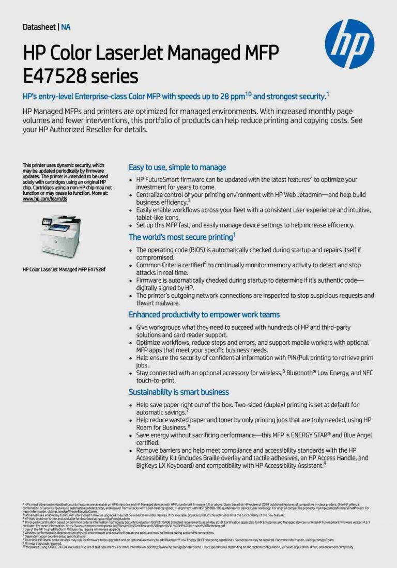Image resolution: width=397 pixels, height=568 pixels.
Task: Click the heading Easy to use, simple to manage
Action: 177,167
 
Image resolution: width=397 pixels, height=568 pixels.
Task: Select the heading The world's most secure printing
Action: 180,237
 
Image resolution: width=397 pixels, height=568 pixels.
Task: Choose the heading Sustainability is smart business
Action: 178,392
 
